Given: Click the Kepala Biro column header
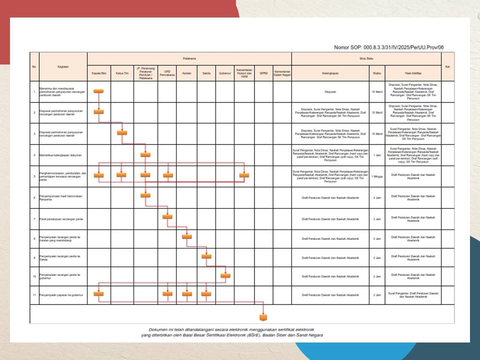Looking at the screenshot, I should [98, 73].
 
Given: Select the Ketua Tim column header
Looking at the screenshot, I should [121, 73].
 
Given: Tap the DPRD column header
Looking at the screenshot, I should [263, 73].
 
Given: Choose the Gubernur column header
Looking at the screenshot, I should [225, 73].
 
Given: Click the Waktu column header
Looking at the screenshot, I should [376, 73].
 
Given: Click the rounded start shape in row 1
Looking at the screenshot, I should [98, 90].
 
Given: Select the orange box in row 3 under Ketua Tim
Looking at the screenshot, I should [121, 132].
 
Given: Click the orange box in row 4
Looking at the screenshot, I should [145, 154].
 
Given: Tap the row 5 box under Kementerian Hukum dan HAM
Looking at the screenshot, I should [244, 175].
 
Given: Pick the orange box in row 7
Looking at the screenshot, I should [167, 216].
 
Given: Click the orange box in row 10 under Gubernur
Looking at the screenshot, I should [225, 275].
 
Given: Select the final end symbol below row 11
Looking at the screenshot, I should [263, 317].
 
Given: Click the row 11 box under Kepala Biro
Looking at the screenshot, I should [98, 294].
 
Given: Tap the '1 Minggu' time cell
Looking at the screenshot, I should [376, 176].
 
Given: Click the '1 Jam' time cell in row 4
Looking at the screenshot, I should [376, 155].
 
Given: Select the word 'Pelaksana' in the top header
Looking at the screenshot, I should [189, 58].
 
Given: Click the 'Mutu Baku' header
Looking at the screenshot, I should [366, 58].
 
